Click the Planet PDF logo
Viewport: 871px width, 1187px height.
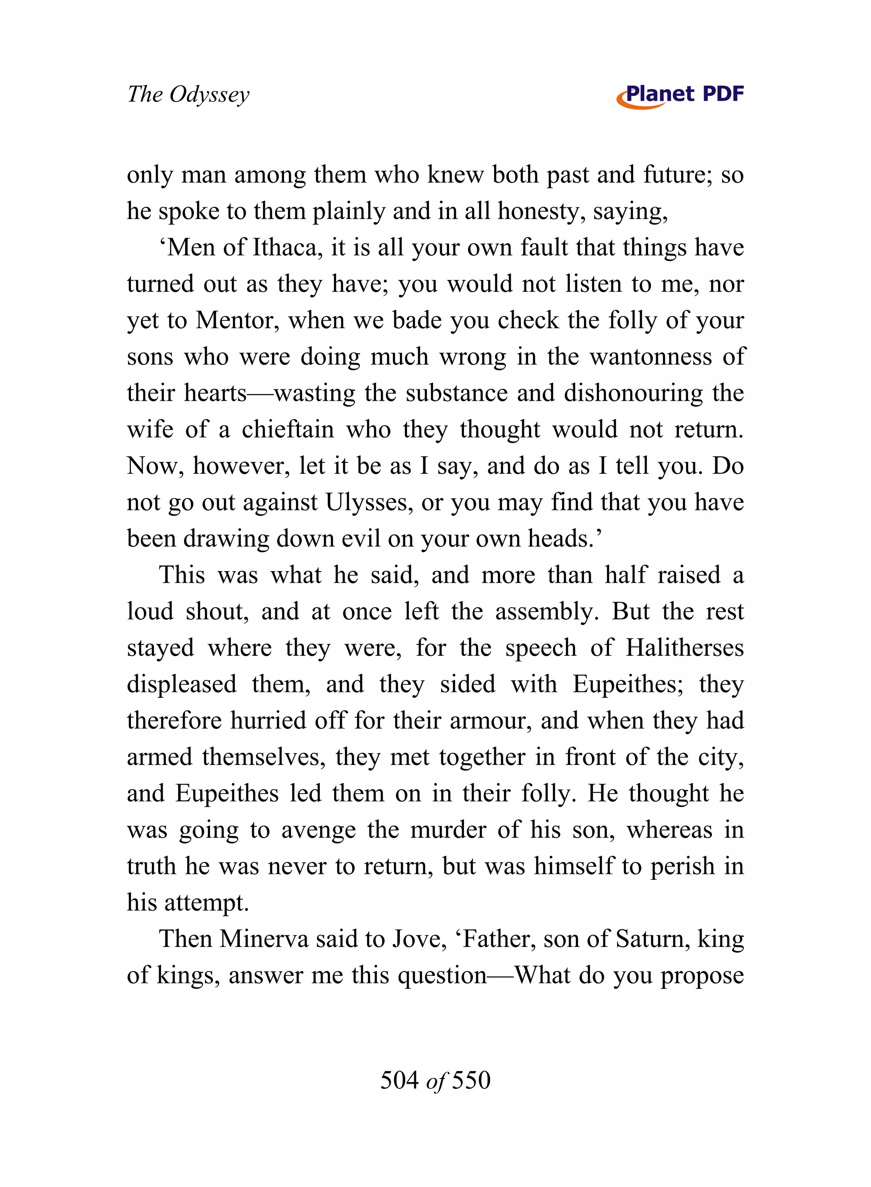[x=680, y=95]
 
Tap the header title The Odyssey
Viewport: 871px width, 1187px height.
[x=188, y=95]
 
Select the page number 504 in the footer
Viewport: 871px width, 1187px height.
[x=399, y=1079]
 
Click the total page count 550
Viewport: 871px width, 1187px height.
[x=471, y=1079]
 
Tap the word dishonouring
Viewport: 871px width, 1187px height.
[x=633, y=393]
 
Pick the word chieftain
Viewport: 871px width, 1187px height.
[x=288, y=429]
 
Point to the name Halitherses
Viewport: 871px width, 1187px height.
[x=684, y=648]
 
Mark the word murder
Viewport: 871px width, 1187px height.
[x=448, y=830]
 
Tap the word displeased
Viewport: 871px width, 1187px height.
[x=181, y=684]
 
